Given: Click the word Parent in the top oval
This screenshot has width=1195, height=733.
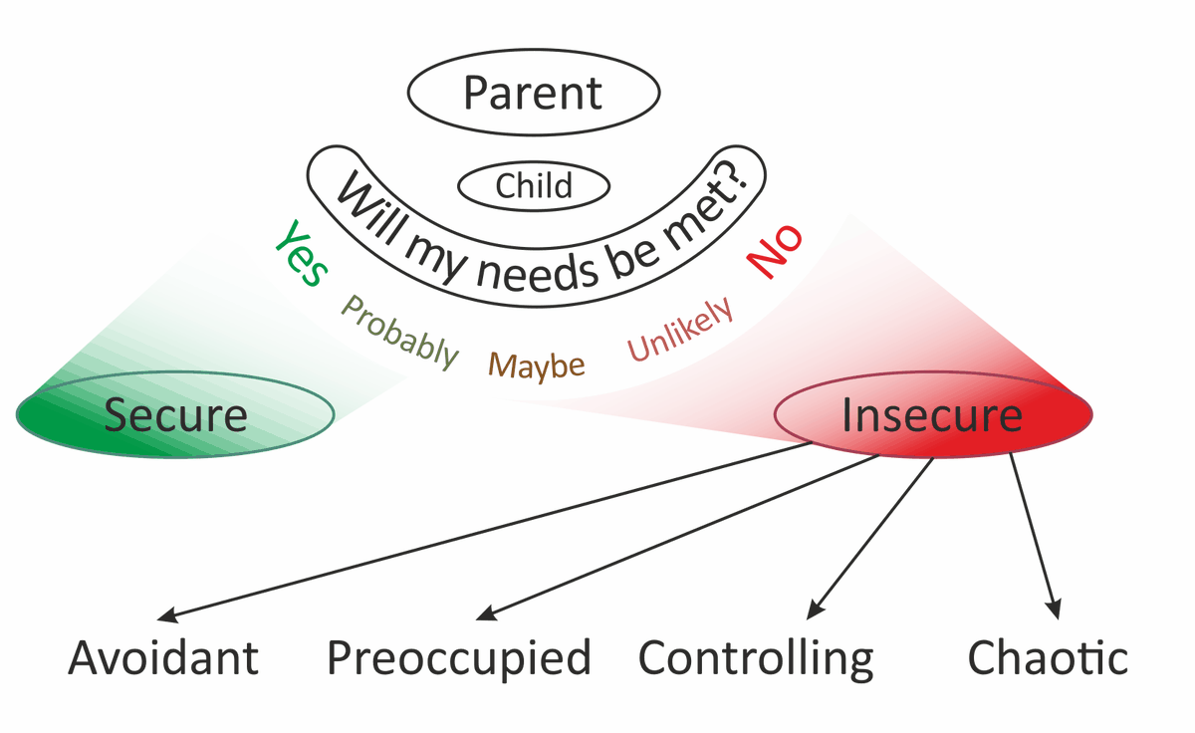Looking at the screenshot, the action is pyautogui.click(x=533, y=93).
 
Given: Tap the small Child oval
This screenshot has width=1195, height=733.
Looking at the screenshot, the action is pyautogui.click(x=534, y=186).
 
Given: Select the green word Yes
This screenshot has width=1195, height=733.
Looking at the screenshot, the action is pyautogui.click(x=301, y=253).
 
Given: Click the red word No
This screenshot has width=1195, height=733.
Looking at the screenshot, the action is pyautogui.click(x=776, y=253).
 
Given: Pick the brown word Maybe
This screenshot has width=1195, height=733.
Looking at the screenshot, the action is pyautogui.click(x=539, y=366).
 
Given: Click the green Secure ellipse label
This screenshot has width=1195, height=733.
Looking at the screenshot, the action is pyautogui.click(x=175, y=414).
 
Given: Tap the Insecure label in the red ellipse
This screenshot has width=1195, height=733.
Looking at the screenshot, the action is pyautogui.click(x=932, y=414).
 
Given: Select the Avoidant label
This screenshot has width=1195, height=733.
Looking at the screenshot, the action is pyautogui.click(x=163, y=658).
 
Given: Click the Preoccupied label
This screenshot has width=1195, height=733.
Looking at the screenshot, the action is pyautogui.click(x=459, y=658).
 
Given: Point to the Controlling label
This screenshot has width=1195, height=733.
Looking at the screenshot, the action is pyautogui.click(x=756, y=658).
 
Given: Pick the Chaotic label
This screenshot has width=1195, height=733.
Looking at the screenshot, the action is pyautogui.click(x=1049, y=658).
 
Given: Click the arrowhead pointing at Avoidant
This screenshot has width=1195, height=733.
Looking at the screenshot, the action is pyautogui.click(x=171, y=616).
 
